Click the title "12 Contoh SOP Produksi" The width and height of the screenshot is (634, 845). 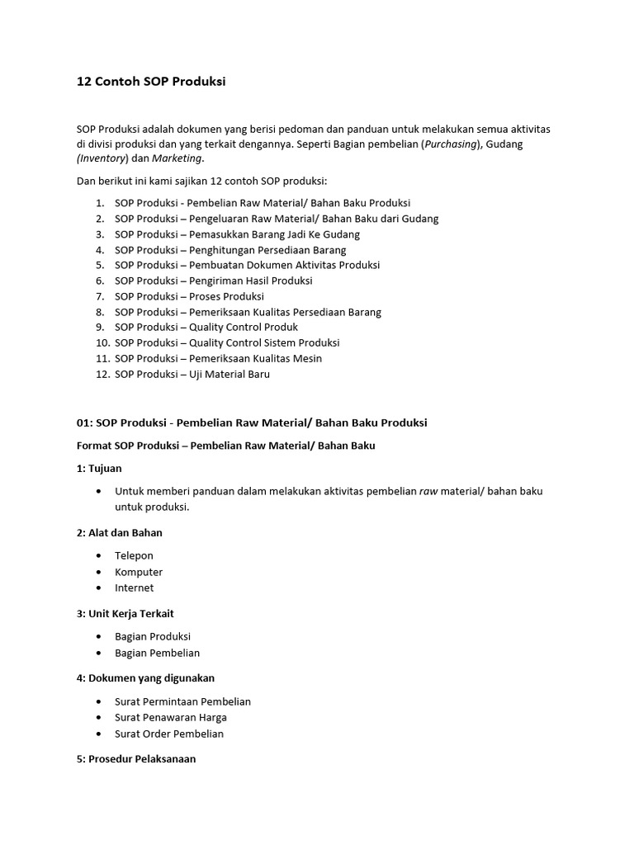(151, 82)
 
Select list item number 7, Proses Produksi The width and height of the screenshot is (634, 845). (189, 296)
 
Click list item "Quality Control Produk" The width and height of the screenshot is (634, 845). (206, 328)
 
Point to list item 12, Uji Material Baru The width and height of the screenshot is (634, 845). (192, 375)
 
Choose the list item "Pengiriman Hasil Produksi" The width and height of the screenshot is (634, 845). (213, 281)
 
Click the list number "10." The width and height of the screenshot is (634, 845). (102, 343)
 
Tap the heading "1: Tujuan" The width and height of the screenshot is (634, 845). (99, 469)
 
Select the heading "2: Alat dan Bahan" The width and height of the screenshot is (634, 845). (120, 533)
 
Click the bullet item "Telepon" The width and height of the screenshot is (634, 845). (134, 556)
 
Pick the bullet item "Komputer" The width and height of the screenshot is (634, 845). (139, 572)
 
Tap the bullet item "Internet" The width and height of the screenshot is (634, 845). (134, 588)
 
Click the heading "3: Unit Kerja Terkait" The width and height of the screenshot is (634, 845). (125, 614)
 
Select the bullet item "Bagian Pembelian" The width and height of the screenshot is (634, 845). (157, 654)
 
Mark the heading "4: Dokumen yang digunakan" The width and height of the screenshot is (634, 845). (145, 678)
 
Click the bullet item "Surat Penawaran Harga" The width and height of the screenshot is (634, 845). (171, 718)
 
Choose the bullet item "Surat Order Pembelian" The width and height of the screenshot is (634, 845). (169, 734)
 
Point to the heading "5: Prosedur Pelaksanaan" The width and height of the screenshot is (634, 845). (136, 759)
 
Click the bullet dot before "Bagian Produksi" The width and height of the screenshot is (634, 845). (99, 637)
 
